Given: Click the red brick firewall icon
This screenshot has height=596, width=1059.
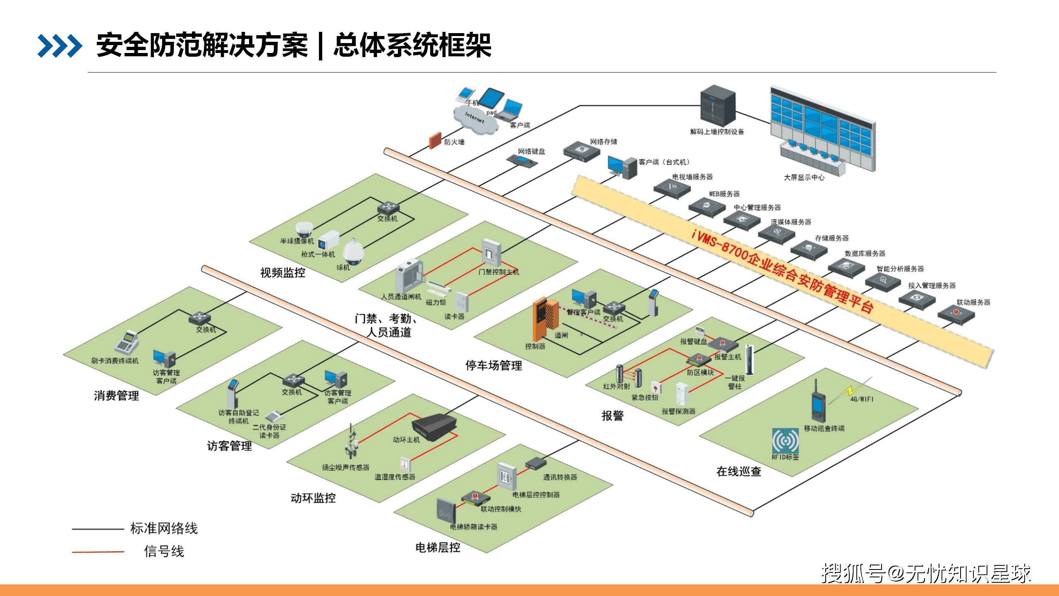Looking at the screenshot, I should point(435,141).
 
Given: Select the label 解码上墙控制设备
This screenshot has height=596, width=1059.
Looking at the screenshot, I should point(717,132).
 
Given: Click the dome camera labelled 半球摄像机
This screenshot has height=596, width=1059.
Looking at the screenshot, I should point(304,229).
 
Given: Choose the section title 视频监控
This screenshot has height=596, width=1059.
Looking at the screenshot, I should point(283,272).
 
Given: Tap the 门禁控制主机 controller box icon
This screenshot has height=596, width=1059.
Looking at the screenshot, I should point(491,252).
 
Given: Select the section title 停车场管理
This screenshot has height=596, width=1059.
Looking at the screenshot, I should point(494,365).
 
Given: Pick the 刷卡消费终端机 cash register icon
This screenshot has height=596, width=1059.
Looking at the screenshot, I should point(127,342).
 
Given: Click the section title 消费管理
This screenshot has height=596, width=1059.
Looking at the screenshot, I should point(116,396).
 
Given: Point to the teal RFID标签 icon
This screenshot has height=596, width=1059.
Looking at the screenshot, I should point(785,441).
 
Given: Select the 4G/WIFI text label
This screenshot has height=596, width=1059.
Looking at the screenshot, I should point(861,399).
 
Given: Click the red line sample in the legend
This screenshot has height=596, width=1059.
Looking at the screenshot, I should point(98,552).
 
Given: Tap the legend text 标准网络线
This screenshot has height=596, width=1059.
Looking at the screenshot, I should point(164,529).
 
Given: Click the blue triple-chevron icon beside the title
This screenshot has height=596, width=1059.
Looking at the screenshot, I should point(60,46).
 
